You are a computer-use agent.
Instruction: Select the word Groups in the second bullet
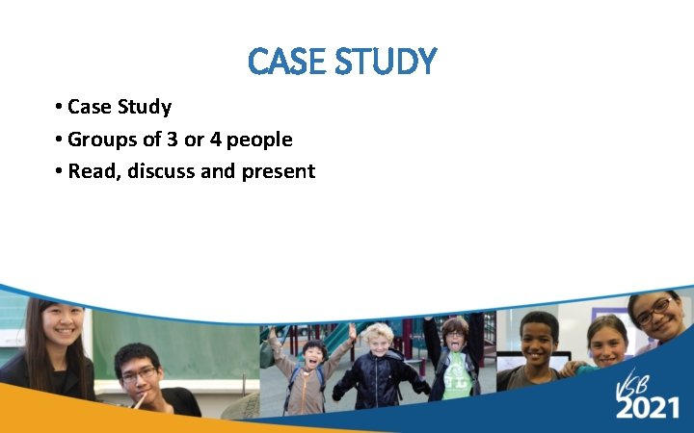click(x=101, y=140)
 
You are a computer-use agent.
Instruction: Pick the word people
click(x=259, y=140)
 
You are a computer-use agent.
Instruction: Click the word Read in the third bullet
click(x=91, y=171)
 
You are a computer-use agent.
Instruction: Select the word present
click(x=280, y=172)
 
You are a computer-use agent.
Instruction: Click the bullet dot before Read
click(x=60, y=172)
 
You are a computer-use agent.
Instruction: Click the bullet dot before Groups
click(x=60, y=140)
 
